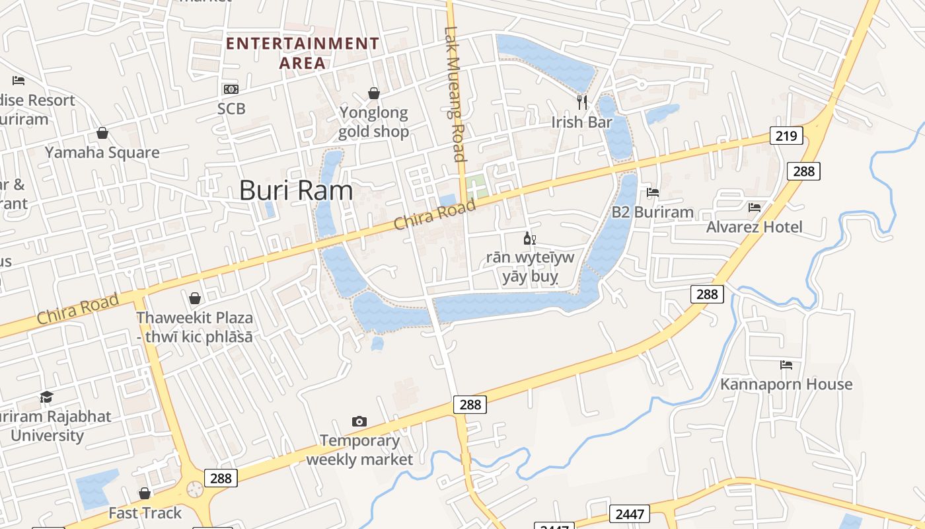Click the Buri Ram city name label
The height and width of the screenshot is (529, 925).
pyautogui.click(x=295, y=190)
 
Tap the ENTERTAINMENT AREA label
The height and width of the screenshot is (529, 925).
pyautogui.click(x=303, y=53)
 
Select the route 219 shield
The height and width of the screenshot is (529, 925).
pyautogui.click(x=786, y=136)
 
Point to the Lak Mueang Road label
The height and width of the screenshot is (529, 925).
pyautogui.click(x=455, y=93)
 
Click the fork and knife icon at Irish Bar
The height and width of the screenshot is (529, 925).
pyautogui.click(x=582, y=102)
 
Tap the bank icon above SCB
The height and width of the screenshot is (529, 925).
pyautogui.click(x=231, y=89)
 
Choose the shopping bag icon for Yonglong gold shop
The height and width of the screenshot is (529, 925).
pyautogui.click(x=374, y=93)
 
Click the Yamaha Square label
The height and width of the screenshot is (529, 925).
pyautogui.click(x=102, y=153)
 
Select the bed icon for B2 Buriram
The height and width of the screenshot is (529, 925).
pyautogui.click(x=653, y=192)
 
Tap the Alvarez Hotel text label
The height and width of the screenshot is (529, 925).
pyautogui.click(x=754, y=227)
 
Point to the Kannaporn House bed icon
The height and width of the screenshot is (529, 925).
pyautogui.click(x=786, y=364)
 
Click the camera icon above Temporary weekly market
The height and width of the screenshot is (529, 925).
pyautogui.click(x=359, y=421)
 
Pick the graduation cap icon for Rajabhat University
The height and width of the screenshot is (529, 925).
pyautogui.click(x=46, y=397)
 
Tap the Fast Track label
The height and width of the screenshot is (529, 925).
pyautogui.click(x=145, y=513)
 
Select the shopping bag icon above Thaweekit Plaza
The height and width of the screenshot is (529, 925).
pyautogui.click(x=194, y=298)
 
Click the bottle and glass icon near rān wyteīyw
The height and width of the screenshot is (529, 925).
pyautogui.click(x=529, y=238)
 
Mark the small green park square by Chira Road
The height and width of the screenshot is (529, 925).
pyautogui.click(x=476, y=186)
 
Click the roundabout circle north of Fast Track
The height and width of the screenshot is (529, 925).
pyautogui.click(x=195, y=489)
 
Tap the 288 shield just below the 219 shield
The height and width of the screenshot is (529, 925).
pyautogui.click(x=803, y=171)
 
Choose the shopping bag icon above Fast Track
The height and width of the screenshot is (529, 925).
pyautogui.click(x=145, y=493)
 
